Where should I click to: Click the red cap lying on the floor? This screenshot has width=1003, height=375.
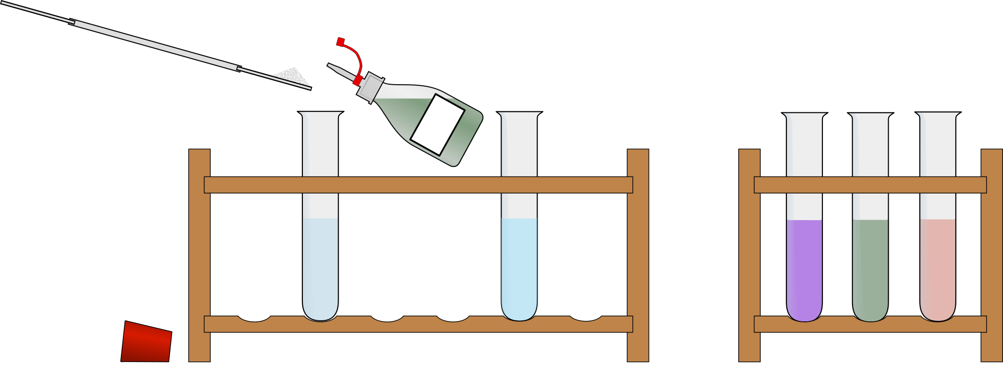coord(146,342)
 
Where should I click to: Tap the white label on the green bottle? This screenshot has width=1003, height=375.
coord(437,124)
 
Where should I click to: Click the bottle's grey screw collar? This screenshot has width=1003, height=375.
coord(371,87)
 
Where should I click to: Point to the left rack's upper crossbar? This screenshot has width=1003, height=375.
coord(418,185)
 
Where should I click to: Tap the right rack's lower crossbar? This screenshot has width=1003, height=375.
coord(870,324)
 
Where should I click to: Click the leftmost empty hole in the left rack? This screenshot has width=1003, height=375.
coord(254,318)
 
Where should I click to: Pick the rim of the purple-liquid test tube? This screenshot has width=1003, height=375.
coord(804,115)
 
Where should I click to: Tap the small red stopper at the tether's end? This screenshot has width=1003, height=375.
coord(341,42)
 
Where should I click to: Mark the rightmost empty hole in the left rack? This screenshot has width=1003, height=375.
coord(585,318)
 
